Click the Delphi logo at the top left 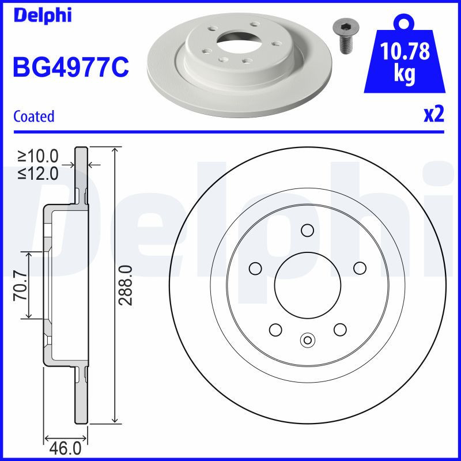tap(42, 15)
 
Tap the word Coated tap(33, 116)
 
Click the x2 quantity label tap(433, 115)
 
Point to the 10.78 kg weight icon tap(405, 61)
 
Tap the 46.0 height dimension tap(66, 448)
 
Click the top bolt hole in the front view tap(307, 230)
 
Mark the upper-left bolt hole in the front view tap(254, 268)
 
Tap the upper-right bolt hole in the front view tap(360, 268)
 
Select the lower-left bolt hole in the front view tap(275, 330)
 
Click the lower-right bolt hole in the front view tap(339, 329)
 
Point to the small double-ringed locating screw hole tap(307, 339)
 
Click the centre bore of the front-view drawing tap(307, 283)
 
